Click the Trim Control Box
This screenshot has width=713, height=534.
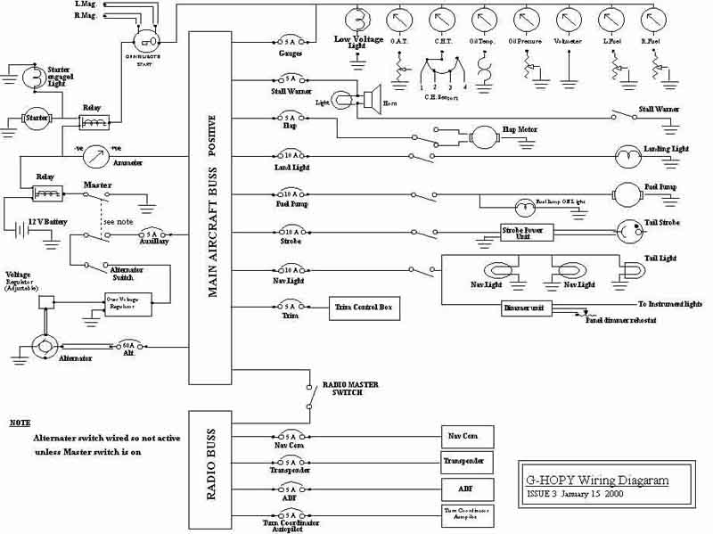click(365, 308)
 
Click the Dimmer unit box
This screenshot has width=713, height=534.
click(528, 308)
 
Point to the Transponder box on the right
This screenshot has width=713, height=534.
click(463, 462)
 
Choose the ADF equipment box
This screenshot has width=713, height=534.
click(463, 489)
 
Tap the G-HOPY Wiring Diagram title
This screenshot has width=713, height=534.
click(595, 481)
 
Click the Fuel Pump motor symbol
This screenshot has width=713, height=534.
click(625, 192)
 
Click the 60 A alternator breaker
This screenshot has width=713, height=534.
click(128, 345)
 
